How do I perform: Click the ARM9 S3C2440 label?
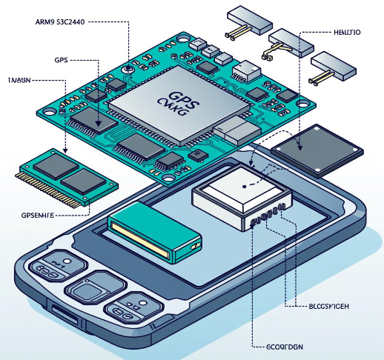[59, 23]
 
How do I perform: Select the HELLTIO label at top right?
[342, 32]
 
